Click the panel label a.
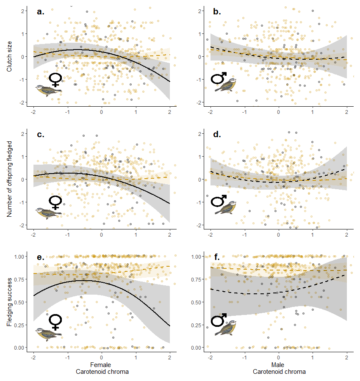41,12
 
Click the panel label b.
217,12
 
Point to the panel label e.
41,257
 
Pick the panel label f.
216,257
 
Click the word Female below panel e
101,364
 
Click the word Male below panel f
278,364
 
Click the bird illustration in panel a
48,90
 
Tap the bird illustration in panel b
225,85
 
